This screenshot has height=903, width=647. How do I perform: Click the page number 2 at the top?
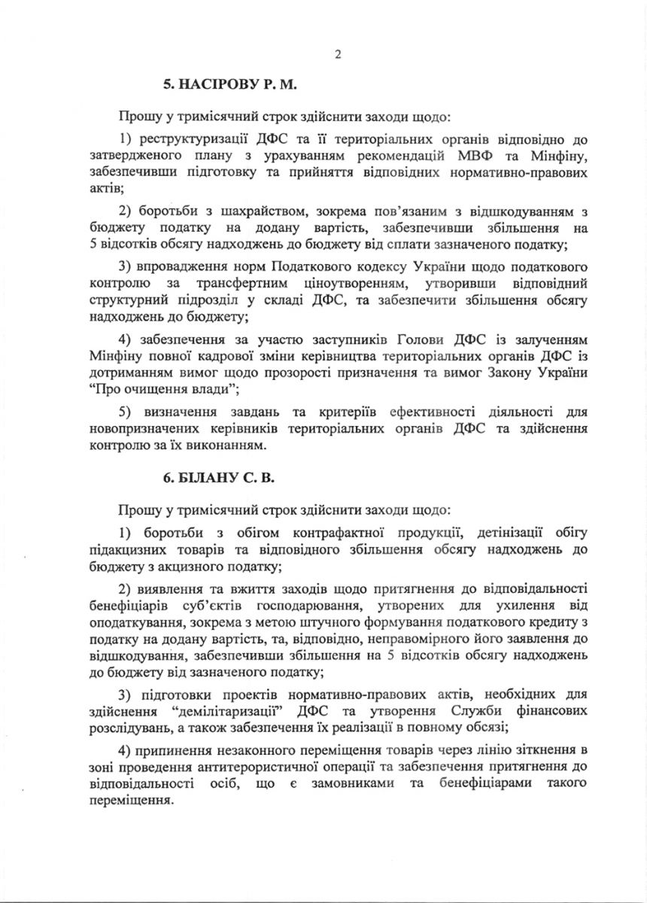point(338,53)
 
